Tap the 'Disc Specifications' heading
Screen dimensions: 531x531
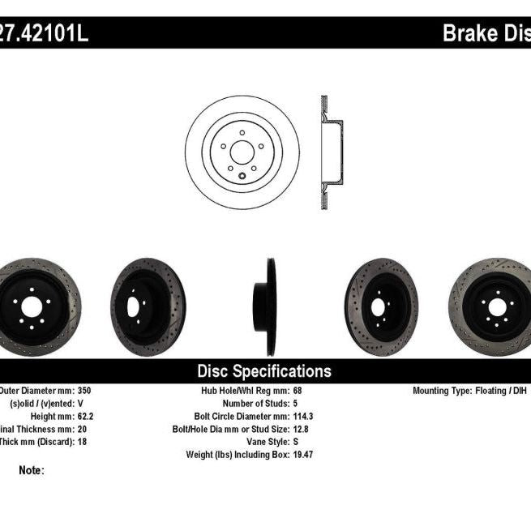pyautogui.click(x=264, y=371)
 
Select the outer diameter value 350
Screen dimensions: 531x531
pyautogui.click(x=84, y=390)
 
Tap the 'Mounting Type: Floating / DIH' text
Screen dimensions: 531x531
pyautogui.click(x=471, y=390)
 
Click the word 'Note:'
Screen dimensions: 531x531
pyautogui.click(x=31, y=469)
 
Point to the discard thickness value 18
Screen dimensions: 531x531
pyautogui.click(x=81, y=442)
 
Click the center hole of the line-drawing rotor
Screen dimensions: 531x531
pyautogui.click(x=241, y=152)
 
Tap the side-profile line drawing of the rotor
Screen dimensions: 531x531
pyautogui.click(x=330, y=152)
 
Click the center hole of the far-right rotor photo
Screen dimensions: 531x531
pyautogui.click(x=495, y=307)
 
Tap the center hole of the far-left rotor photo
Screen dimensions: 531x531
pyautogui.click(x=31, y=307)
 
